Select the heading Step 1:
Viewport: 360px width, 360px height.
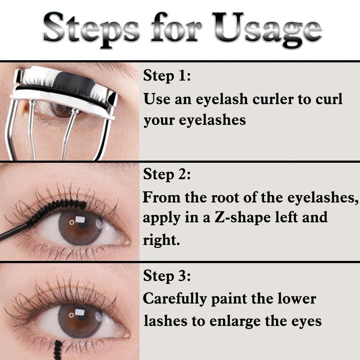point(167,76)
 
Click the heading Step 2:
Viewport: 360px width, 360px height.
point(167,174)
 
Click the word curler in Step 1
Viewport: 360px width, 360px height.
point(273,99)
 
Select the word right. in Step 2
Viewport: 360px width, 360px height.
point(161,240)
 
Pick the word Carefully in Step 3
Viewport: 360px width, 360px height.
point(175,299)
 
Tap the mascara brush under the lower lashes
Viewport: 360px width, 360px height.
point(58,350)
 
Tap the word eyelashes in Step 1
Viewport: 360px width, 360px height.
point(212,120)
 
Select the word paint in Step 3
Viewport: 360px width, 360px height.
point(229,299)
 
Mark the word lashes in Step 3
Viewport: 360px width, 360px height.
point(165,320)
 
